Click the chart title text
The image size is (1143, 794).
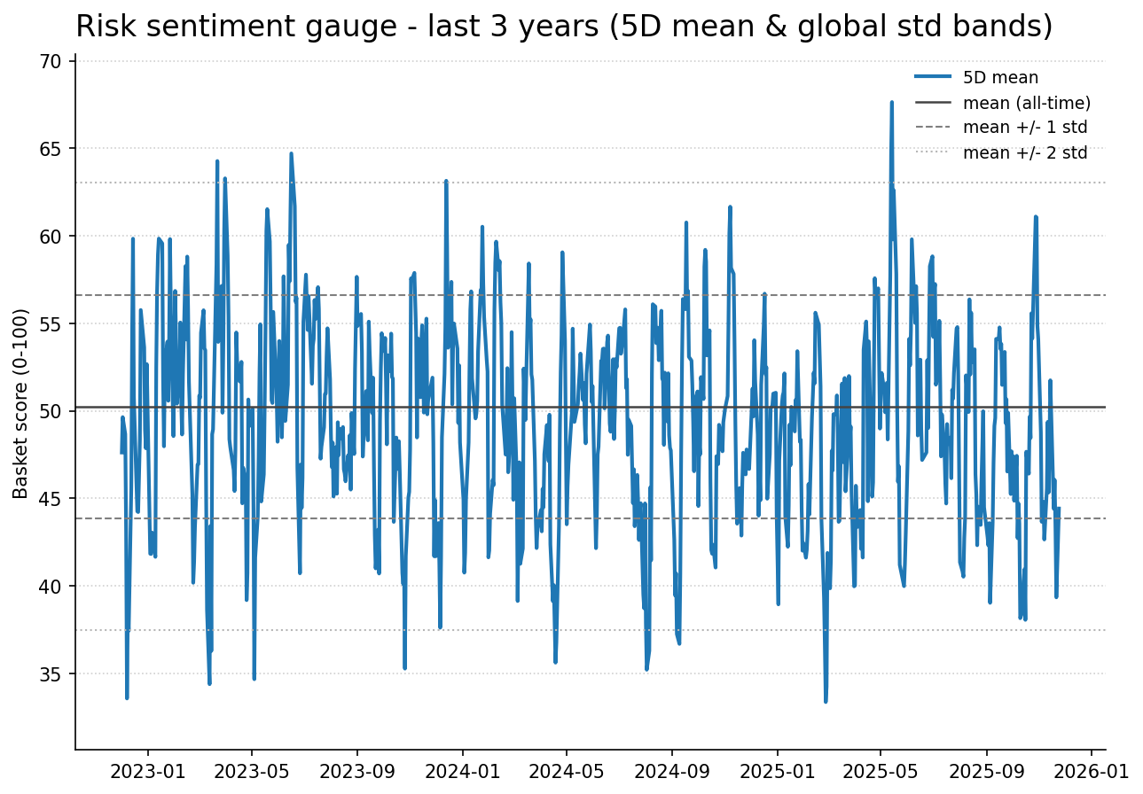pyautogui.click(x=564, y=27)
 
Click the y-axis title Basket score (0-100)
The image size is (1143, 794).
pyautogui.click(x=21, y=403)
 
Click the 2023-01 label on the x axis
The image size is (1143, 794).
pyautogui.click(x=147, y=771)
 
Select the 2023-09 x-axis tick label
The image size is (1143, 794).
pyautogui.click(x=356, y=771)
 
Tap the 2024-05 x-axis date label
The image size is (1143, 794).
pyautogui.click(x=567, y=771)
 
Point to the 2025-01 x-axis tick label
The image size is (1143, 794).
pyautogui.click(x=777, y=771)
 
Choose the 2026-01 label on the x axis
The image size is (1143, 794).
pyautogui.click(x=1092, y=771)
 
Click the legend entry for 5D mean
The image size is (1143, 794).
pyautogui.click(x=1000, y=78)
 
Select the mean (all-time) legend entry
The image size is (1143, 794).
pyautogui.click(x=1026, y=103)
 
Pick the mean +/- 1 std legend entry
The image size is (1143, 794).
pyautogui.click(x=1025, y=128)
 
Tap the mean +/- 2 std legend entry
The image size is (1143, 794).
pyautogui.click(x=1025, y=152)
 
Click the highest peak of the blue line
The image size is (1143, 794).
pyautogui.click(x=891, y=102)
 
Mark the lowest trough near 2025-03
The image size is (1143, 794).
pyautogui.click(x=826, y=701)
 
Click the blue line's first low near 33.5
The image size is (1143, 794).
pyautogui.click(x=127, y=697)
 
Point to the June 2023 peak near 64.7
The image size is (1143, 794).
pyautogui.click(x=291, y=153)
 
